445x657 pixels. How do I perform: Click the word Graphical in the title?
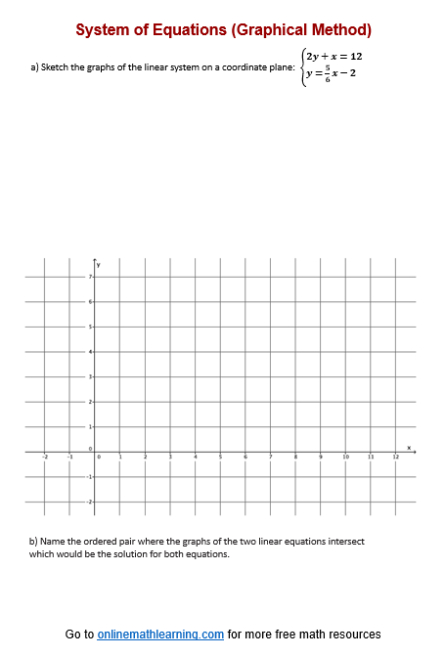(x=267, y=30)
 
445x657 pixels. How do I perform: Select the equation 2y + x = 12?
(x=334, y=56)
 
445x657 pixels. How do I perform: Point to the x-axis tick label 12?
(x=396, y=458)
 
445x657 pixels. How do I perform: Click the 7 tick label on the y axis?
(x=90, y=278)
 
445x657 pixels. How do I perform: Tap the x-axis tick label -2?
(x=44, y=458)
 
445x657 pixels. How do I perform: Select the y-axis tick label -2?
(x=89, y=502)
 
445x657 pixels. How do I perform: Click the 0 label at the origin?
(x=90, y=448)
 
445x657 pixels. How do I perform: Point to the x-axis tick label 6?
(x=245, y=458)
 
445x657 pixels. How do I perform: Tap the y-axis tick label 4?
(x=90, y=352)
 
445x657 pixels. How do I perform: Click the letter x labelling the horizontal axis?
(x=411, y=446)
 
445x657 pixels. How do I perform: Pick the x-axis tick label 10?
(x=345, y=458)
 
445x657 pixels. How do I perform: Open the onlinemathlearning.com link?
(x=160, y=635)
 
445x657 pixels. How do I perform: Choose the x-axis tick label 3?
(x=170, y=458)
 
